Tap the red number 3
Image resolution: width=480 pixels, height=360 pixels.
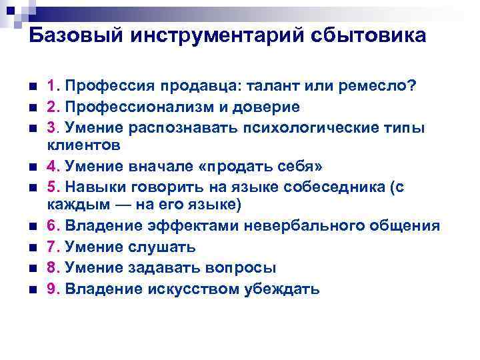(x=51, y=127)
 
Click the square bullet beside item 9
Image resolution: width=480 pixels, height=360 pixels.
(x=32, y=289)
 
